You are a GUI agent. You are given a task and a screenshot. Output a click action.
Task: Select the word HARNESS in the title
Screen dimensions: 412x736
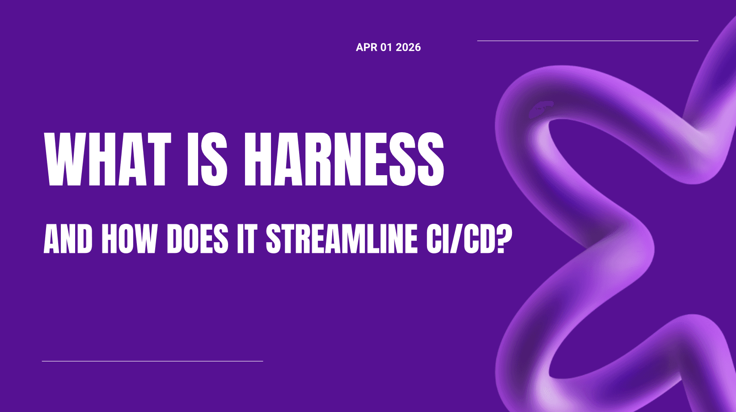[343, 159]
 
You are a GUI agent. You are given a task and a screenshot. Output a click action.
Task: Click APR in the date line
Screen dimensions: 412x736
[366, 47]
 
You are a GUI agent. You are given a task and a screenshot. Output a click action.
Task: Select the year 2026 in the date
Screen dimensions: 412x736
[408, 47]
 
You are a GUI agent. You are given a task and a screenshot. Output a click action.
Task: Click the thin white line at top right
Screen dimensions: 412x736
[588, 41]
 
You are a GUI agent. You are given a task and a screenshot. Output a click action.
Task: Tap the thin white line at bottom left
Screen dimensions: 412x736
[152, 361]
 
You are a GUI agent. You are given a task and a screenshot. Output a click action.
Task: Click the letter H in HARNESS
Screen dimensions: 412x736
[257, 159]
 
